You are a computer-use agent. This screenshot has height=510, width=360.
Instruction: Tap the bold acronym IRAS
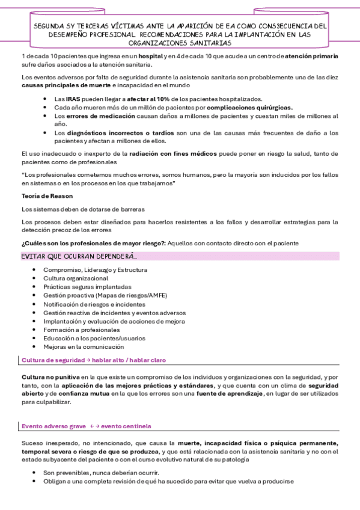click(x=72, y=99)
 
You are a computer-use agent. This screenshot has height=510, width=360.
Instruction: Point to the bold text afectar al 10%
click(x=130, y=99)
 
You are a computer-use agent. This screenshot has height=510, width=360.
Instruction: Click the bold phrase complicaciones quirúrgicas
click(x=255, y=106)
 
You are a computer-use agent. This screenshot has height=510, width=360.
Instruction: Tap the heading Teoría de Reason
click(x=47, y=197)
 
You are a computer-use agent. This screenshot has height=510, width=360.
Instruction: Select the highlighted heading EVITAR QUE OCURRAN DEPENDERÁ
click(x=79, y=256)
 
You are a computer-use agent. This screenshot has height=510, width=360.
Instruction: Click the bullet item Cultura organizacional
click(x=76, y=278)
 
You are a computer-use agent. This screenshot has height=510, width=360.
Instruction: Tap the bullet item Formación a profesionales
click(x=81, y=330)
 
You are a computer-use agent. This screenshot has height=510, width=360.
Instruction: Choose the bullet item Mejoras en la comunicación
click(x=84, y=346)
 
